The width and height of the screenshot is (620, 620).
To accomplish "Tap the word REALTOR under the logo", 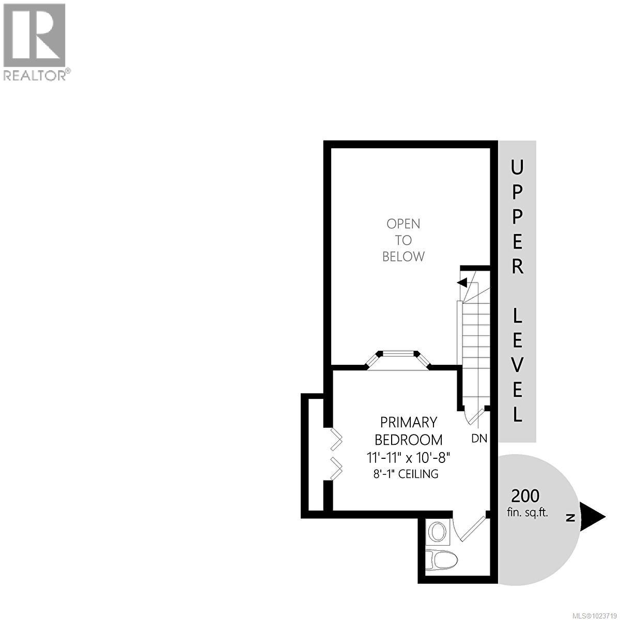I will (35, 75).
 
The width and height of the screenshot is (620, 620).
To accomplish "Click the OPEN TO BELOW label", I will (404, 240).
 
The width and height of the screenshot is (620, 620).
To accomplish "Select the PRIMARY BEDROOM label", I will (408, 431).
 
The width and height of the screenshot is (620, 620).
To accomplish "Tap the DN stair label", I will (479, 439).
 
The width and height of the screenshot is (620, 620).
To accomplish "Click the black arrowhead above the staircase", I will (462, 283).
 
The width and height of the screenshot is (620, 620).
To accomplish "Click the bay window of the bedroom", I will (398, 360).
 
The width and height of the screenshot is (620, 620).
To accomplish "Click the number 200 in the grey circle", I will (525, 496).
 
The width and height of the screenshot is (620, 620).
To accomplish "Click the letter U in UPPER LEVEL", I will (517, 167).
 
